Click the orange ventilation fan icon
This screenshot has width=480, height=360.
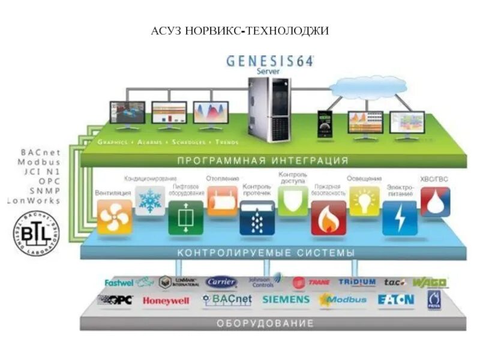click(115, 216)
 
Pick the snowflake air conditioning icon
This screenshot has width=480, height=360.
click(149, 200)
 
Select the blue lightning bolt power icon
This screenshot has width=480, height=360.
click(400, 218)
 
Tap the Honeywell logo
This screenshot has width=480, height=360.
click(166, 301)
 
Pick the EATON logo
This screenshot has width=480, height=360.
click(396, 299)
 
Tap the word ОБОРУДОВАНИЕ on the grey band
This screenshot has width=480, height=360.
click(265, 323)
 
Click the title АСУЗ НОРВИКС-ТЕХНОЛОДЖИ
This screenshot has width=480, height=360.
click(240, 30)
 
